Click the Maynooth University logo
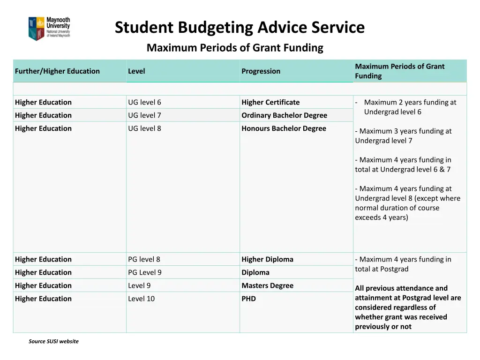coord(49,29)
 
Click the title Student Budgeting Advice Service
coord(240,27)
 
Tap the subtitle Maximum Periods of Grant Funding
coord(235,48)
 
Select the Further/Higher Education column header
coord(57,71)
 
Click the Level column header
coord(136,71)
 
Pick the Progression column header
coord(261,71)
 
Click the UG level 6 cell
coord(144,102)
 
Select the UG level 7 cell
coord(144,115)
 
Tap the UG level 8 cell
coord(144,128)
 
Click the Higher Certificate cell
coord(270,102)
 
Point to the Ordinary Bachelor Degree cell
coord(284,115)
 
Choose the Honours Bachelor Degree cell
coord(284,128)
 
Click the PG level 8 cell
coord(144,259)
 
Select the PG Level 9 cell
coord(144,272)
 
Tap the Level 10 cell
coord(141,299)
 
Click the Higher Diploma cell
coord(267,259)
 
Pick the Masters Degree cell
coord(267,285)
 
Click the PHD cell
coord(248,299)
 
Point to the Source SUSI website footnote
coord(53,341)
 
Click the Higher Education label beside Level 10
coord(43,299)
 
